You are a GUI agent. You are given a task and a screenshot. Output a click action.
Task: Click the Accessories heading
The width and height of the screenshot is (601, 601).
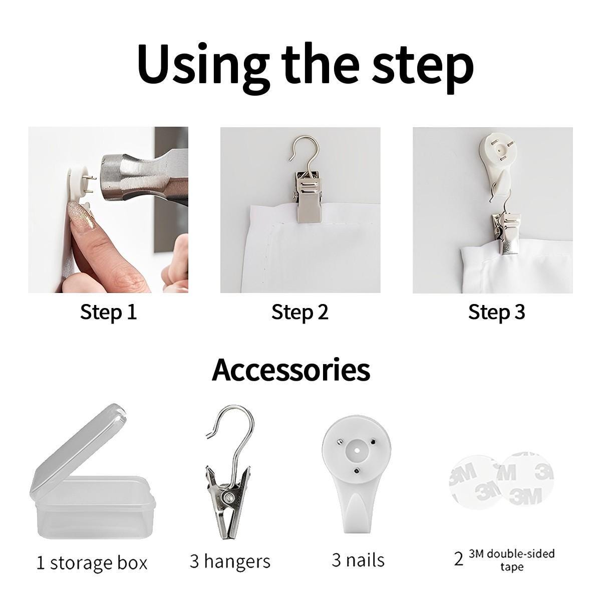(x=291, y=370)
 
